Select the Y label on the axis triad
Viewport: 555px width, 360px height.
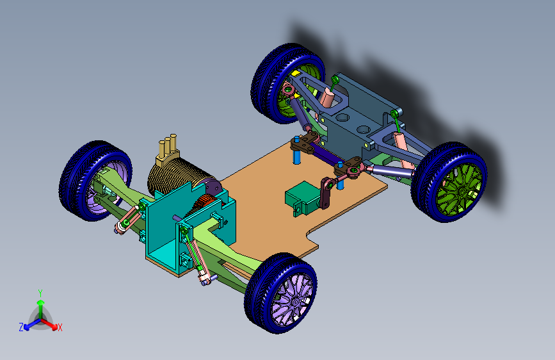point(40,293)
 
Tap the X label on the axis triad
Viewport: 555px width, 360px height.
point(60,327)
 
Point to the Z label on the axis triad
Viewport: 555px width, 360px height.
point(21,327)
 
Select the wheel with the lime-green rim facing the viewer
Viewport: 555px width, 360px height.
point(449,182)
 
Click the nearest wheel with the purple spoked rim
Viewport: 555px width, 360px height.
point(280,293)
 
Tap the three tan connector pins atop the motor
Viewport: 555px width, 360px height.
point(167,147)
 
